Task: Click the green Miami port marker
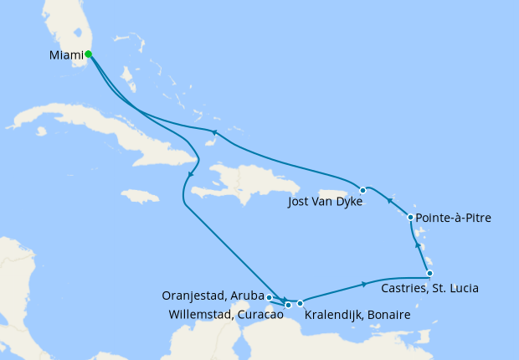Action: pyautogui.click(x=88, y=54)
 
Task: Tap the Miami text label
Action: pyautogui.click(x=65, y=56)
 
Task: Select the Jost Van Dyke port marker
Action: pyautogui.click(x=362, y=190)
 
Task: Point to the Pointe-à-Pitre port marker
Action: pyautogui.click(x=410, y=218)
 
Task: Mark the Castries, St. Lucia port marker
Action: pyautogui.click(x=429, y=274)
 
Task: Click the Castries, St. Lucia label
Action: pyautogui.click(x=429, y=289)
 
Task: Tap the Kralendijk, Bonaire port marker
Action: pyautogui.click(x=300, y=303)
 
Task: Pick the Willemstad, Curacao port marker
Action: pyautogui.click(x=288, y=305)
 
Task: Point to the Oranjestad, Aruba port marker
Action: pyautogui.click(x=269, y=296)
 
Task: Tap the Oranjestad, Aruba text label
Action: pyautogui.click(x=213, y=296)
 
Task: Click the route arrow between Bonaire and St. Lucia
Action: pyautogui.click(x=364, y=284)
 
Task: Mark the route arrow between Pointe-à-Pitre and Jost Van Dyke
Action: pyautogui.click(x=390, y=200)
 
